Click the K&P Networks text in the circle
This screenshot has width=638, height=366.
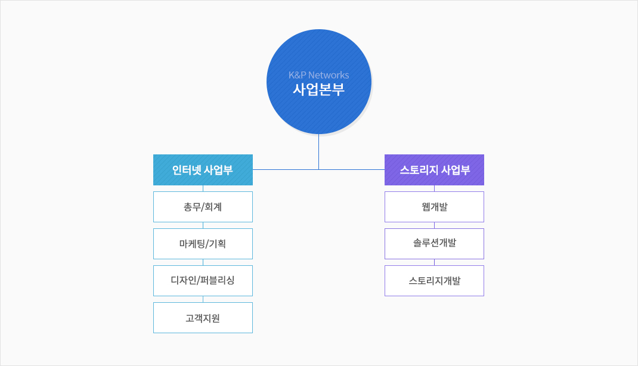coord(318,75)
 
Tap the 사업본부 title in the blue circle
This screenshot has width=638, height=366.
coord(318,89)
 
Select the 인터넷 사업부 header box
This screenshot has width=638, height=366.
coord(203,170)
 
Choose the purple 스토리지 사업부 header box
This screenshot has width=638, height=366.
coord(434,170)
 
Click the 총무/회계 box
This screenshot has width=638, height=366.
coord(203,207)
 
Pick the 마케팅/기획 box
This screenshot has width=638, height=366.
coord(203,244)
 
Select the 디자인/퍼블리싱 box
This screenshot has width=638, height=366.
coord(203,281)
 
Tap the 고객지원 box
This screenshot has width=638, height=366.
coord(203,318)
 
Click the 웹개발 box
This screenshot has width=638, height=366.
coord(434,207)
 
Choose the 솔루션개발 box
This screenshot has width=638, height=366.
coord(434,244)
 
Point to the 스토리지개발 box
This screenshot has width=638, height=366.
coord(434,281)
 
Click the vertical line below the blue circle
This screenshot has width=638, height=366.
coord(318,151)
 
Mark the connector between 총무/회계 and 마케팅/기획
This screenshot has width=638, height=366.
coord(203,225)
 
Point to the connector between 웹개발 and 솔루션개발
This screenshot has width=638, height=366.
coord(434,225)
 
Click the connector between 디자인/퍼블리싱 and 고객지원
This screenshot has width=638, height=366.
coord(203,299)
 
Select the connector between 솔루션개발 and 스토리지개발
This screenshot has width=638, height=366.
coord(434,262)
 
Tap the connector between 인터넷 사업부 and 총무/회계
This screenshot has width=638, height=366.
coord(203,188)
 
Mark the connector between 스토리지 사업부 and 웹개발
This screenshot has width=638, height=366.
coord(434,188)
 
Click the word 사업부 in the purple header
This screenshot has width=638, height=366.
coord(456,170)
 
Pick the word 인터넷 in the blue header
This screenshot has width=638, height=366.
coord(187,170)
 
